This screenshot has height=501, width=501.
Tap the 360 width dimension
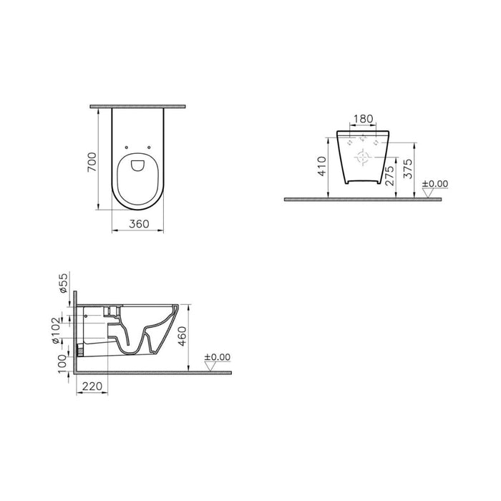tap(138, 224)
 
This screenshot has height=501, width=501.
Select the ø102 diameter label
tap(62, 331)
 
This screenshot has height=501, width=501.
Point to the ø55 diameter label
tap(62, 285)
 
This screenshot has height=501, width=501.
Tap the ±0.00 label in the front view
tap(434, 184)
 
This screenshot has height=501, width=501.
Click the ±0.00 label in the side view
tap(217, 357)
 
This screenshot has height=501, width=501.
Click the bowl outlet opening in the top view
tap(138, 166)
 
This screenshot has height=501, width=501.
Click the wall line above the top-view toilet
tap(138, 106)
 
